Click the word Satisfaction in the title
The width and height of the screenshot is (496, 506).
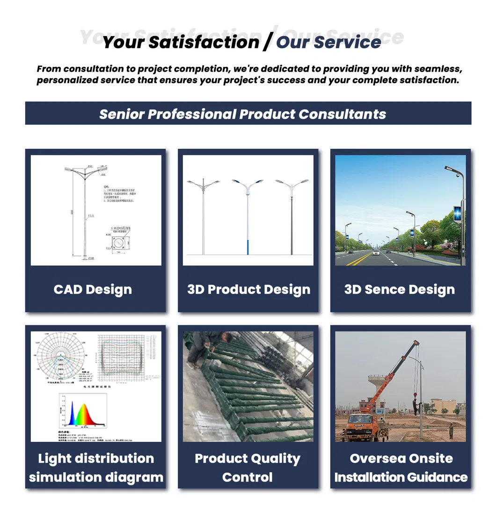(x=204, y=42)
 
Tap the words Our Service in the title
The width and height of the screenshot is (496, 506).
(x=328, y=42)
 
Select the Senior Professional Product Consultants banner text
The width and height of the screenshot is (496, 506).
(x=242, y=114)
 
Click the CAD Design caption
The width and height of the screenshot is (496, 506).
(x=93, y=289)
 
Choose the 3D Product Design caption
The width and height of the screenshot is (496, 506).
(x=248, y=289)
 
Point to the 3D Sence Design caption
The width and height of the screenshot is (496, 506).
(x=400, y=289)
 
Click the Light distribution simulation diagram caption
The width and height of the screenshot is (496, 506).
(x=96, y=468)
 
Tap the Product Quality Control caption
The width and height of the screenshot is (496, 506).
(x=248, y=468)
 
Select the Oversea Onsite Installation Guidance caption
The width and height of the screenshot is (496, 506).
(x=401, y=468)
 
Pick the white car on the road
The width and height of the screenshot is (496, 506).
(x=376, y=253)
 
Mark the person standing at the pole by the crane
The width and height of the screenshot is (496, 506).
(x=415, y=405)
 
